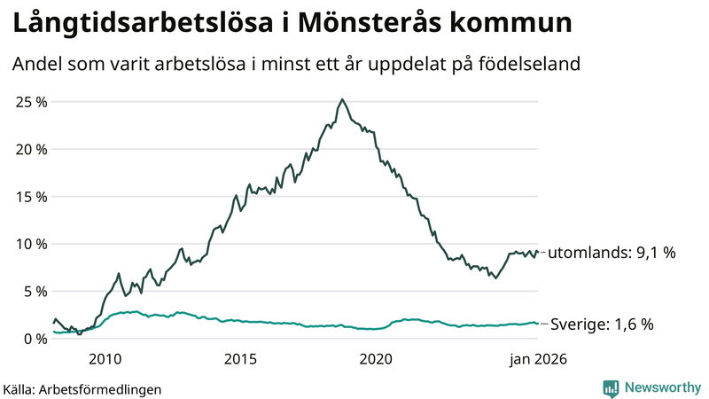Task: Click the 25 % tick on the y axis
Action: pyautogui.click(x=31, y=101)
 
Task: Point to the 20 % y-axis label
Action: pyautogui.click(x=31, y=149)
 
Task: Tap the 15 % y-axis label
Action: pyautogui.click(x=31, y=196)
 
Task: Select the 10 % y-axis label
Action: pyautogui.click(x=31, y=244)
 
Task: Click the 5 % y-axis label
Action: pyautogui.click(x=35, y=291)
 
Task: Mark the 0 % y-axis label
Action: pyautogui.click(x=35, y=339)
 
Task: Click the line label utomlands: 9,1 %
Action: pyautogui.click(x=612, y=253)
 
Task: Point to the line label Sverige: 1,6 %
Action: pyautogui.click(x=602, y=325)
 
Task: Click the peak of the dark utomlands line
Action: pyautogui.click(x=342, y=99)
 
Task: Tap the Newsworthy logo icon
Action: pyautogui.click(x=611, y=387)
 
